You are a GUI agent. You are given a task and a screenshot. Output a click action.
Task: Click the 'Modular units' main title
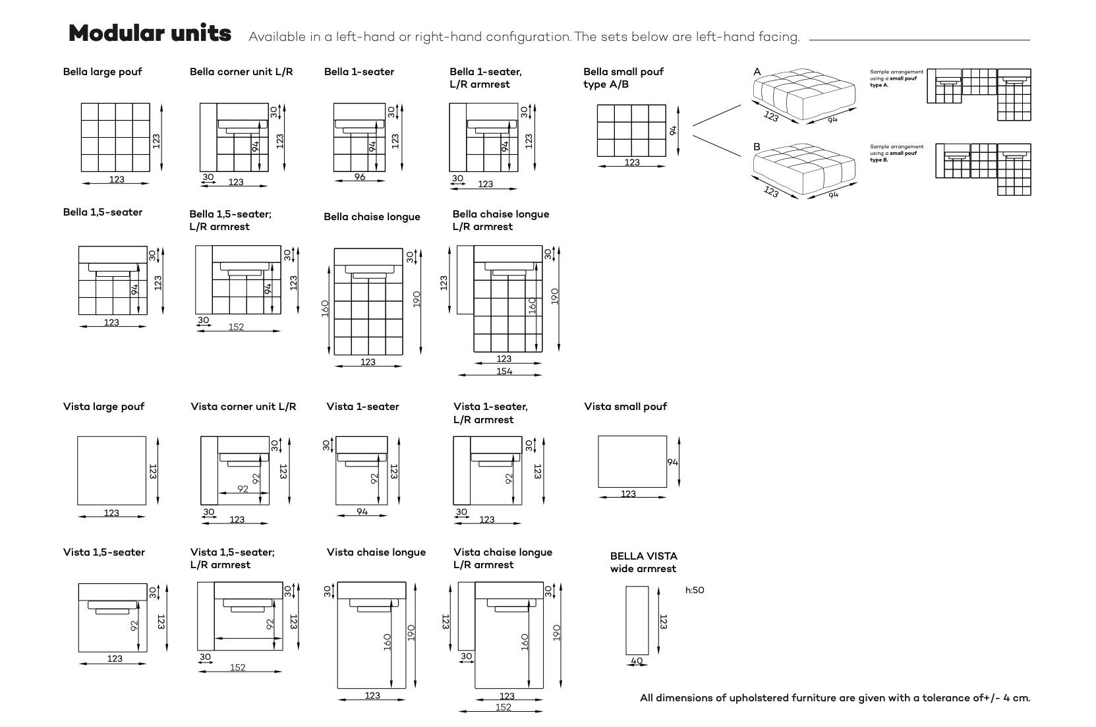(150, 33)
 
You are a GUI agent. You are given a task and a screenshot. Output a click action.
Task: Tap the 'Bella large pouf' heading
(102, 72)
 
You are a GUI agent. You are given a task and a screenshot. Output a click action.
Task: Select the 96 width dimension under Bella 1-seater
(359, 177)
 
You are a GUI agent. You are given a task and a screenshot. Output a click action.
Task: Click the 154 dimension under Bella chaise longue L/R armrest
(504, 371)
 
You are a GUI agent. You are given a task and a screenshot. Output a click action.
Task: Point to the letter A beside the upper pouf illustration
(757, 72)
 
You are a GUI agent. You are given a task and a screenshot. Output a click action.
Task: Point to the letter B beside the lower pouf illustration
(757, 146)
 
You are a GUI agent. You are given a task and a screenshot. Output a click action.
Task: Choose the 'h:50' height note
(695, 590)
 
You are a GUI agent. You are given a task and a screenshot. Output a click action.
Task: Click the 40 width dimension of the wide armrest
(637, 660)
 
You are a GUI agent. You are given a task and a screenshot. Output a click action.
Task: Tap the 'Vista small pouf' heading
(625, 407)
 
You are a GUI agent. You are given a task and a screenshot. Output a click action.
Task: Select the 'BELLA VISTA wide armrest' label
(643, 562)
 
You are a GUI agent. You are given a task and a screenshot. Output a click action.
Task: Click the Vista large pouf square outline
(111, 470)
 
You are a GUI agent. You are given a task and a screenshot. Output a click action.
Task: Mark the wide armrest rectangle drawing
(637, 620)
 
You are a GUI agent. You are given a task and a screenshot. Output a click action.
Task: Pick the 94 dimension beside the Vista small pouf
(672, 462)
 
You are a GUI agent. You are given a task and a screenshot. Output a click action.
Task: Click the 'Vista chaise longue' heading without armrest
(376, 552)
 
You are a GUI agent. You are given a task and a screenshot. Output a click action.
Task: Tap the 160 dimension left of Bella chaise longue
(325, 308)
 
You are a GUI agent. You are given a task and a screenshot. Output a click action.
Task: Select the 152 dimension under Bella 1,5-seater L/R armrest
(236, 327)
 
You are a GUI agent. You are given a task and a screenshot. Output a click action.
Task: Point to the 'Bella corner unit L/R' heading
(241, 72)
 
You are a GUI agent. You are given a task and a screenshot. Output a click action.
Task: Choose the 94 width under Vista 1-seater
(362, 511)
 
